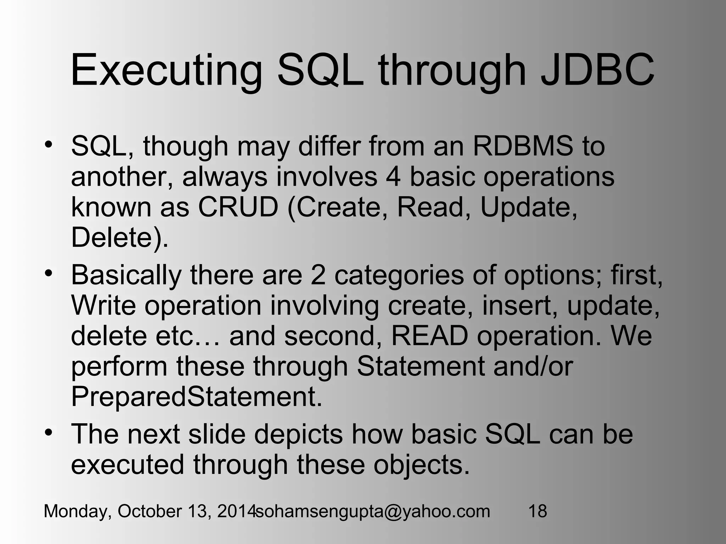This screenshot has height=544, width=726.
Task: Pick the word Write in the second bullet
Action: coord(103,305)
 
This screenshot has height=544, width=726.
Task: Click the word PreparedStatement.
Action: coord(196,397)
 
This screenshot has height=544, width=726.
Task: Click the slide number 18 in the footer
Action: coord(537,511)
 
